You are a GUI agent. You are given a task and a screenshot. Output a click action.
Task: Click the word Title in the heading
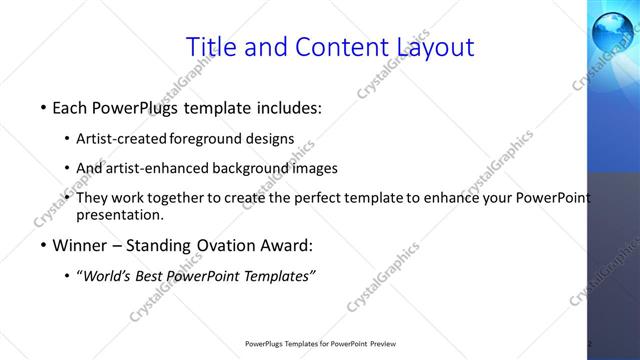point(212,46)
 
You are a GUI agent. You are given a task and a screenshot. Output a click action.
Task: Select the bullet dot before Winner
point(43,246)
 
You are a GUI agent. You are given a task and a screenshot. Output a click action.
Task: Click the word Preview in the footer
point(389,343)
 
